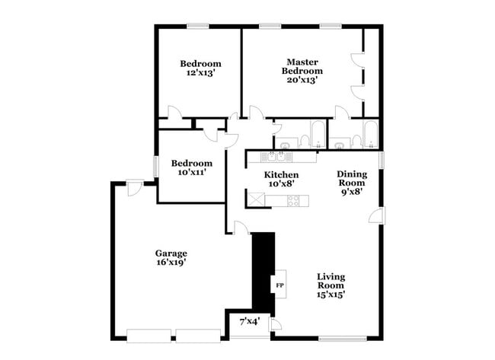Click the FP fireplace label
tap(279, 285)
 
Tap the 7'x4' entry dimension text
tap(250, 322)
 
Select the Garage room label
tap(171, 253)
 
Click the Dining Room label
tap(351, 178)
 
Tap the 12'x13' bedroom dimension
tap(200, 74)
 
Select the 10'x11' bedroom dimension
tap(191, 173)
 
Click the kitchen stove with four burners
tap(293, 201)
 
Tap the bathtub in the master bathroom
tap(369, 135)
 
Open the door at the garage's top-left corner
tap(135, 187)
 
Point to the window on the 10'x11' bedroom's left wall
tap(156, 166)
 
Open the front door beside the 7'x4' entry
tap(275, 325)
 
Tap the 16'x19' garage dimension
tap(171, 263)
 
